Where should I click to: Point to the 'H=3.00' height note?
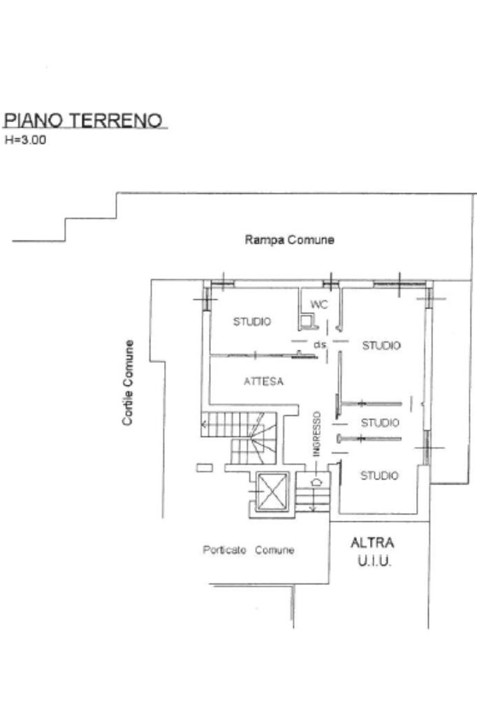[x=25, y=140]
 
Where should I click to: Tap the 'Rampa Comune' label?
[x=289, y=240]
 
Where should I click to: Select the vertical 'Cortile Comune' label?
[x=128, y=383]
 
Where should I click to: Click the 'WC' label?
[x=318, y=304]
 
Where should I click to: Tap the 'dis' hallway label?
[x=320, y=345]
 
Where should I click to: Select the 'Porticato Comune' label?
[x=248, y=550]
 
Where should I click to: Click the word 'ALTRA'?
[x=372, y=542]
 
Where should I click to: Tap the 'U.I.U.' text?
[x=372, y=561]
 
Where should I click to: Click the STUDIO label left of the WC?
[x=252, y=322]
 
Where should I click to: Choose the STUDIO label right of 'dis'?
[x=381, y=345]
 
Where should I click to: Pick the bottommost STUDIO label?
[x=379, y=476]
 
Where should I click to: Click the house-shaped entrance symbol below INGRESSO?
[x=316, y=480]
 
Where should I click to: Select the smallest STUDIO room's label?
[x=380, y=423]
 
